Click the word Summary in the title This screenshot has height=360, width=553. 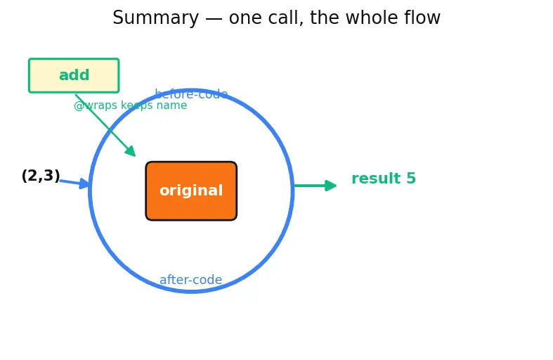point(155,18)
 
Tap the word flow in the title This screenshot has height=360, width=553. point(422,18)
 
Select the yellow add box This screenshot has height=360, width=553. point(74,75)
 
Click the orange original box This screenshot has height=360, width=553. point(191,191)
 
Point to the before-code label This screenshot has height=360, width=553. point(191,94)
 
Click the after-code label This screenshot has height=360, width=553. point(191,280)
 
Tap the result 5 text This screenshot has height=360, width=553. point(384,179)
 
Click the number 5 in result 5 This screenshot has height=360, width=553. point(411,179)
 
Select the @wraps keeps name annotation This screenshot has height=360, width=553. point(130,105)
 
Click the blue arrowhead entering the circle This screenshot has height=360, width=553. point(84,184)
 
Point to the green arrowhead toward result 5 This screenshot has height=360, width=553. point(330,186)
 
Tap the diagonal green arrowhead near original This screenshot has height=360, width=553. point(131,151)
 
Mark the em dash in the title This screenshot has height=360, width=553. point(214,18)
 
